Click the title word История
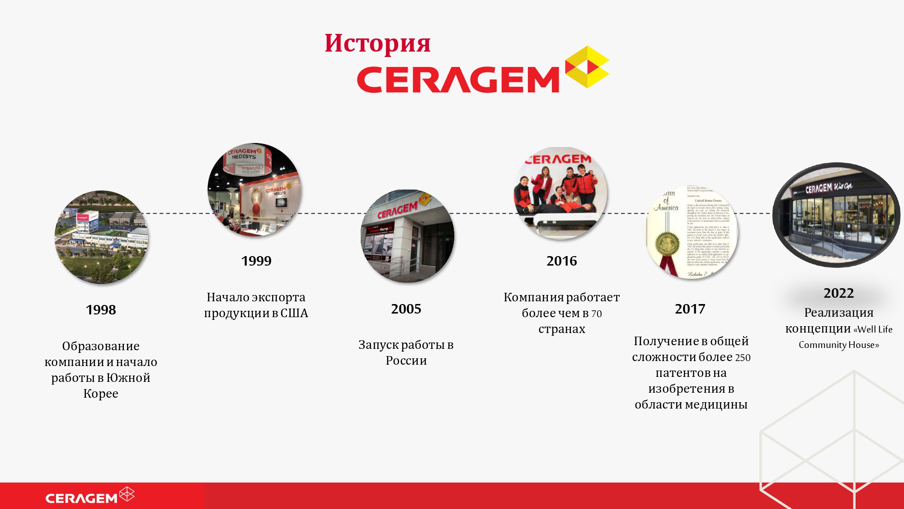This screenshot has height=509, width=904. pos(377,43)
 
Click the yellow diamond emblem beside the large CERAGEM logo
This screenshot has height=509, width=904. pos(587,67)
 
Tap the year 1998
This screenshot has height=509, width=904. pos(101,310)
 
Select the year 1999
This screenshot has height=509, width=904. pos(256,261)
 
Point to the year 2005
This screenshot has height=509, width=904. pos(406,309)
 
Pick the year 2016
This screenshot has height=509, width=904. pos(561,261)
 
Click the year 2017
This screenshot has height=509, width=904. pos(690,309)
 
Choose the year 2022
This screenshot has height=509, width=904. pos(838,293)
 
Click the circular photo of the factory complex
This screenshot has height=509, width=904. pos(101,237)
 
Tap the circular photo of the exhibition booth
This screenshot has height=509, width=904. pos(254,190)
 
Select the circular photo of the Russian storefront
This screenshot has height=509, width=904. pos(407,236)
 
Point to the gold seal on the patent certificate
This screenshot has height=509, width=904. pos(665,244)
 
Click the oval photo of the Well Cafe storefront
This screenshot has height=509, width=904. pos(836,215)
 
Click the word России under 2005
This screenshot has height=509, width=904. pos(406,361)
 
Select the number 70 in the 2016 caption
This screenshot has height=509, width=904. pos(597,314)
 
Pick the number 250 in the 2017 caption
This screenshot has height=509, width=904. pos(742,357)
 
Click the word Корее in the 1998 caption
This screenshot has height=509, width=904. pos(101,394)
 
